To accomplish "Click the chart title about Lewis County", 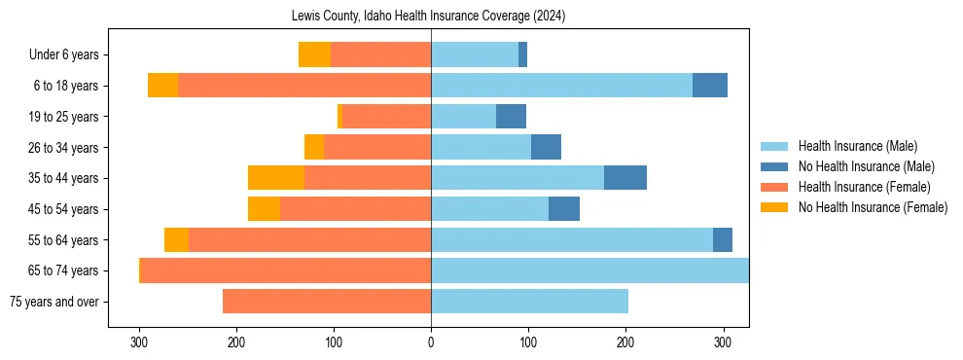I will click(428, 17).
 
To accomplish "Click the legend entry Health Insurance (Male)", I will click(857, 146).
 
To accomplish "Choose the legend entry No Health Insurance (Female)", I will click(873, 207).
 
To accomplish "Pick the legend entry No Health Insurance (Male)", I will click(866, 166).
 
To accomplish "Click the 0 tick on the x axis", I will click(431, 342).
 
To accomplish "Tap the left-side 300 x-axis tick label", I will click(139, 342).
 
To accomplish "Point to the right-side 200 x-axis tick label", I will click(625, 342).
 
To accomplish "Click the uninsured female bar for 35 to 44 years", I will click(276, 178).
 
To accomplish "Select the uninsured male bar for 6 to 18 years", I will click(710, 86).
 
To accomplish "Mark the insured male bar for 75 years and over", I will click(529, 302).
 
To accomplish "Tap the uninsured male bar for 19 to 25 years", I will click(511, 117).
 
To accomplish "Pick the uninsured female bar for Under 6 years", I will click(314, 55).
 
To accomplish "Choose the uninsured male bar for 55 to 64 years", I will click(723, 240).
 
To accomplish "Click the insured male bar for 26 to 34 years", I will click(481, 148).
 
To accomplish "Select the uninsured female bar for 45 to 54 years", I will click(264, 209).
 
